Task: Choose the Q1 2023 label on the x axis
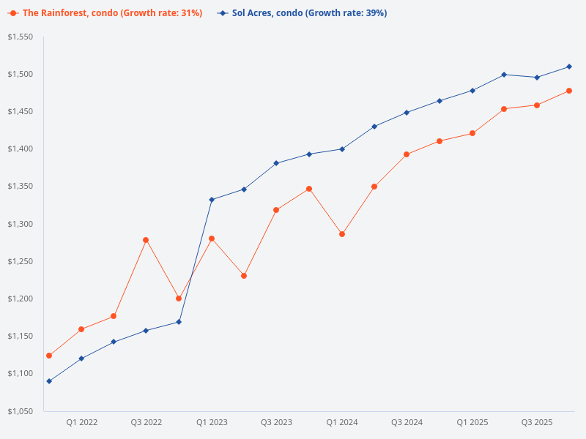pyautogui.click(x=212, y=422)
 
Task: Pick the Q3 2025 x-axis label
pyautogui.click(x=537, y=422)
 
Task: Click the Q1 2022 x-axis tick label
pyautogui.click(x=81, y=422)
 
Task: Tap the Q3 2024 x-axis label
pyautogui.click(x=407, y=422)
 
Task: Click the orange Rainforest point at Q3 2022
pyautogui.click(x=146, y=240)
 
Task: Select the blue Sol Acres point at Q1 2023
pyautogui.click(x=212, y=200)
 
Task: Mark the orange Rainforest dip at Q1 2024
pyautogui.click(x=342, y=234)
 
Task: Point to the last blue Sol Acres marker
pyautogui.click(x=569, y=67)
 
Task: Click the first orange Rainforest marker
pyautogui.click(x=49, y=356)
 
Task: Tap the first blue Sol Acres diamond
pyautogui.click(x=49, y=381)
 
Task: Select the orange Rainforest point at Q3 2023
pyautogui.click(x=276, y=210)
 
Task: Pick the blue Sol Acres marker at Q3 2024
pyautogui.click(x=407, y=113)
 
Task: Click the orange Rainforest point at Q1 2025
pyautogui.click(x=472, y=133)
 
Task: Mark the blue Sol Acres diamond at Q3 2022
pyautogui.click(x=146, y=331)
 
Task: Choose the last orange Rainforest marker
pyautogui.click(x=569, y=91)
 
